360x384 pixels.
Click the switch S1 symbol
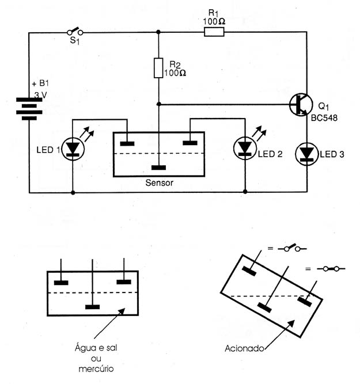(x=75, y=32)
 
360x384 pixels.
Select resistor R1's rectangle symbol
(x=214, y=32)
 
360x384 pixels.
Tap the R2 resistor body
(x=158, y=68)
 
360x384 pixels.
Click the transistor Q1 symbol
(x=301, y=105)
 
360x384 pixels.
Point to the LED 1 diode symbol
(x=73, y=149)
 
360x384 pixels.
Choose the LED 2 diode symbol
(x=245, y=148)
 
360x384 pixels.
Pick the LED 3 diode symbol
(x=306, y=154)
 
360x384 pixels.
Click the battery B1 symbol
(x=29, y=109)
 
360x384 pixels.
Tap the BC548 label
(x=324, y=118)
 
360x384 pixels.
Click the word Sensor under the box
(x=160, y=183)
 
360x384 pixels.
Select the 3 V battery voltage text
(x=40, y=95)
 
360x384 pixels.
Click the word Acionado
(x=244, y=348)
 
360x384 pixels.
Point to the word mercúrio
(x=96, y=369)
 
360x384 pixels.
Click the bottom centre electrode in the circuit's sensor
(x=158, y=168)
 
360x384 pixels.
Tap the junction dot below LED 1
(x=73, y=193)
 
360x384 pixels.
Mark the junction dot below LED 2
(x=245, y=192)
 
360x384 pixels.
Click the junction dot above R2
(x=158, y=32)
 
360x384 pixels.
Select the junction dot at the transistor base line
(x=159, y=104)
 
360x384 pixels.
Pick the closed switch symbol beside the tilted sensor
(x=331, y=269)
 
